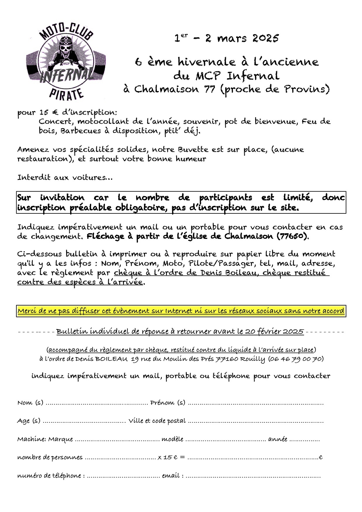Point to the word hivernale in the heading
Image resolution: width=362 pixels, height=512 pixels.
tap(206, 62)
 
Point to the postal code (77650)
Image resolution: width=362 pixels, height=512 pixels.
tap(292, 236)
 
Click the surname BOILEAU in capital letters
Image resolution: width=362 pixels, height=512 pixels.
tap(111, 359)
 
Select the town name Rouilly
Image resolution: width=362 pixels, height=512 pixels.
tap(252, 359)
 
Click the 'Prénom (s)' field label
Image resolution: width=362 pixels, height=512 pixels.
tap(168, 403)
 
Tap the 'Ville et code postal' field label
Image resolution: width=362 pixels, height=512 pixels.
tap(157, 421)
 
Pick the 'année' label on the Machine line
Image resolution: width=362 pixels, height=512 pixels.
tap(278, 439)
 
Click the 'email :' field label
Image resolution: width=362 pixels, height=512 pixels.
tap(173, 476)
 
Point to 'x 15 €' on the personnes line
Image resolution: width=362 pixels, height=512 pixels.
tap(168, 457)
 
